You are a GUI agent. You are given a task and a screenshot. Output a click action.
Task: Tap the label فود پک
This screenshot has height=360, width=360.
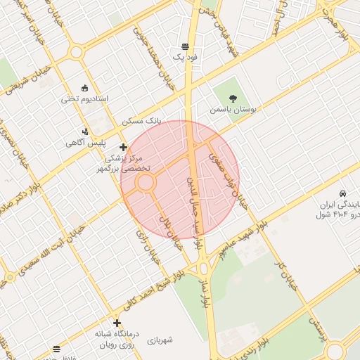coord(186,56)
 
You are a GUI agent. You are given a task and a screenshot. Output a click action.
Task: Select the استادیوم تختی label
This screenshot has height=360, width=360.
coord(85,98)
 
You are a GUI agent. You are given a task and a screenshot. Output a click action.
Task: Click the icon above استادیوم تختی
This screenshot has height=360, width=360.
coord(85,88)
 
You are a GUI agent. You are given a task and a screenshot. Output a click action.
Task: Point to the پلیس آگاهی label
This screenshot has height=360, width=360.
coord(86,143)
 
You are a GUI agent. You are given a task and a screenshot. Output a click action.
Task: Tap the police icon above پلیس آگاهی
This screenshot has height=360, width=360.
coord(86,131)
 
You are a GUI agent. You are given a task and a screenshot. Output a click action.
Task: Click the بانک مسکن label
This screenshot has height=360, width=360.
coord(141,121)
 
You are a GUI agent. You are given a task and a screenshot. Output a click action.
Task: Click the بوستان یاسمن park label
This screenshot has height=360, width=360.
coord(234,110)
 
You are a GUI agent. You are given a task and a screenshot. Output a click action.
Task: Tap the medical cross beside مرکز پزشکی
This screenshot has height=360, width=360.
coord(124,148)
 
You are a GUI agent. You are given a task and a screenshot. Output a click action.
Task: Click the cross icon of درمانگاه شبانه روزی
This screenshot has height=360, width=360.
coord(117,323)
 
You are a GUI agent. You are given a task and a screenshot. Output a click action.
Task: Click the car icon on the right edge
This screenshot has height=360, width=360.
coord(342,193)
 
